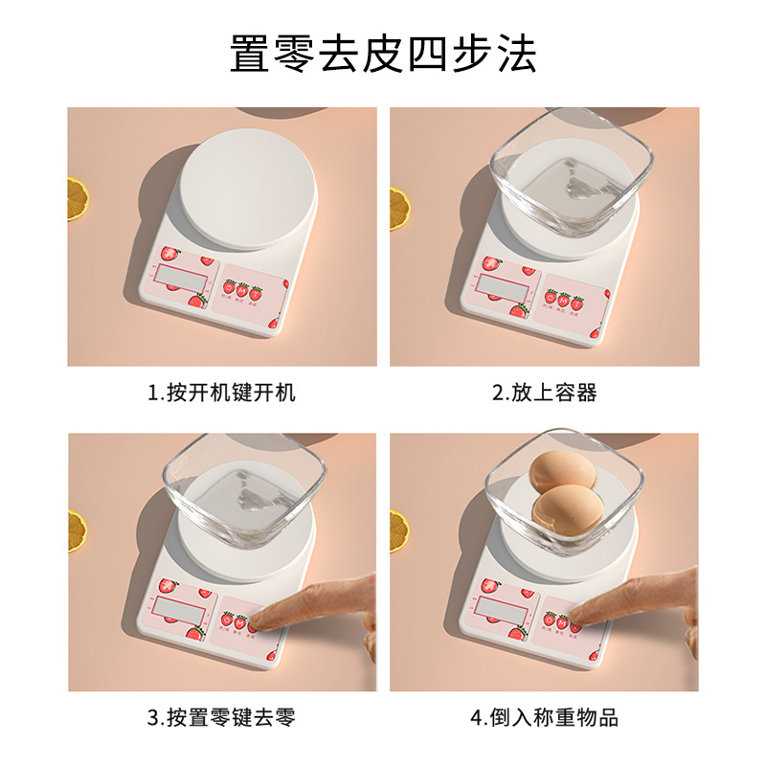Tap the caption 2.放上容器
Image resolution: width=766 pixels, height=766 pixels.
pos(544,393)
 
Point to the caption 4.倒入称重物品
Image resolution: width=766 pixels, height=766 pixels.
pos(544,718)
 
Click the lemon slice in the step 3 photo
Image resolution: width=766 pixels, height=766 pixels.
pos(75,527)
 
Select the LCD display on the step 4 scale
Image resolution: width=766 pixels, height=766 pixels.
pos(501,610)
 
